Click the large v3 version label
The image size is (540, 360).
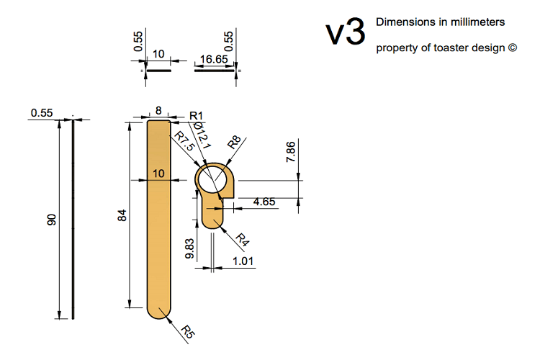click(345, 32)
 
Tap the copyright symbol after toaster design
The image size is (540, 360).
click(513, 48)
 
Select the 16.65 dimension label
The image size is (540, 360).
click(214, 59)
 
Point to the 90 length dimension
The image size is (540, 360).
click(51, 220)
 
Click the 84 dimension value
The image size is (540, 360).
click(122, 215)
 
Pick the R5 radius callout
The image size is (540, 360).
click(188, 331)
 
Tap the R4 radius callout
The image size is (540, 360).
click(242, 240)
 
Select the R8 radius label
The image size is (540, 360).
click(234, 142)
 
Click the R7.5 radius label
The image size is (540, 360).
click(184, 140)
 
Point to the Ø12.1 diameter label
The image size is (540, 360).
click(202, 135)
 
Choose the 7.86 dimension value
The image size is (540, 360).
click(291, 152)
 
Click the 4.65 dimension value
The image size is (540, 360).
click(264, 202)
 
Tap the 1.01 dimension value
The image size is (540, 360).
click(243, 261)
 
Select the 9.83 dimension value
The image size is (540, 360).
click(189, 248)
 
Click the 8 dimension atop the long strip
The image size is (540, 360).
click(158, 111)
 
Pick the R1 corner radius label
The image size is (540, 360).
click(197, 116)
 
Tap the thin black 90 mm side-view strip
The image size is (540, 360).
click(73, 220)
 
